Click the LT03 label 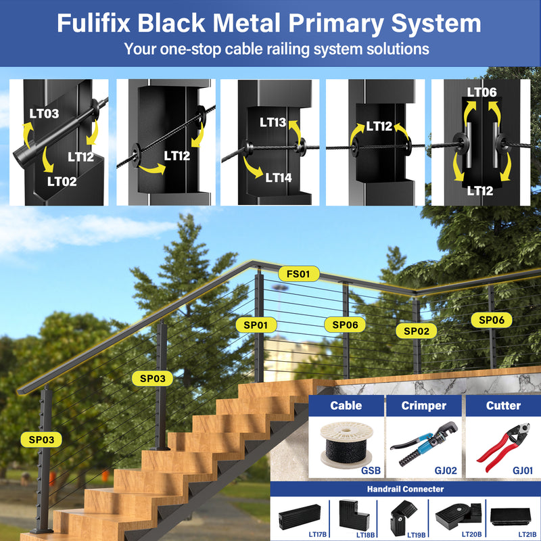coord(44,113)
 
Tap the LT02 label coord(62,181)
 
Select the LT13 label coord(273,122)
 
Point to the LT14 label coord(279,178)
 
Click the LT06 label coord(481,93)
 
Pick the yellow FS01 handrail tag coord(298,274)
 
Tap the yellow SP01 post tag coord(256,325)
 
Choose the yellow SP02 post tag coord(417,331)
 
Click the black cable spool coord(345,445)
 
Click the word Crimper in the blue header coord(424,406)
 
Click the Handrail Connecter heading coord(406,489)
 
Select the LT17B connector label coord(317,534)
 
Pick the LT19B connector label coord(416,534)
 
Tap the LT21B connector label coord(527,534)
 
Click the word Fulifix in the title coord(94,24)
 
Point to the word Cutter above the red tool coord(503,406)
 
